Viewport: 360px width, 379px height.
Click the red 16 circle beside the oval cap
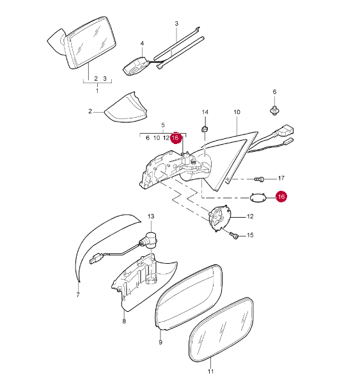[281, 197]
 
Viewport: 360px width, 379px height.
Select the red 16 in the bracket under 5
[176, 138]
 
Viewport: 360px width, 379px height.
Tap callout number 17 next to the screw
[281, 178]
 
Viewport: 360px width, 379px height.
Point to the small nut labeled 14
[205, 129]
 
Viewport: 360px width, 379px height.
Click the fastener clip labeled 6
[274, 111]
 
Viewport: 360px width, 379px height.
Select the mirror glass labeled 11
[221, 330]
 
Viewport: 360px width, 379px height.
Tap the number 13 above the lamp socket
[151, 216]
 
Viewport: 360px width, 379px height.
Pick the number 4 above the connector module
[142, 44]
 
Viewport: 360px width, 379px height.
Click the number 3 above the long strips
[176, 24]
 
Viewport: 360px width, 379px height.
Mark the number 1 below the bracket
[97, 91]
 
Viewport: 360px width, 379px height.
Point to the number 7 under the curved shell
[78, 295]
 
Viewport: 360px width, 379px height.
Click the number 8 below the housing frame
[124, 321]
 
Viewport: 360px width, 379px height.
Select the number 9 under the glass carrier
[160, 342]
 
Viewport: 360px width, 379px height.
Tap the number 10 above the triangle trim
[237, 112]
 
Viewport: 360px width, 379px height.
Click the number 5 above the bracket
[163, 125]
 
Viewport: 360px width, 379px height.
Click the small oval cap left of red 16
[258, 197]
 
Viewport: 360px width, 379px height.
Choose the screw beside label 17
[260, 179]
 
